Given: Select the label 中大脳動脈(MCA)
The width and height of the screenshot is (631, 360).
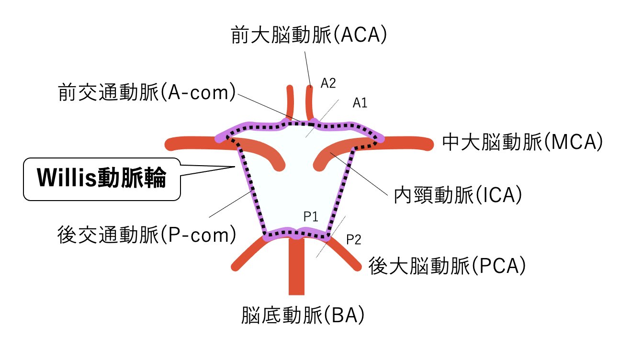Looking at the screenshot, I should pos(521,142).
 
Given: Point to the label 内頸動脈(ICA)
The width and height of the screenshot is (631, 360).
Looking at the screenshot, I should pos(457,195).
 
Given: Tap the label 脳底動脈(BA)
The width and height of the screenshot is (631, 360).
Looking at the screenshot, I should pos(303,315).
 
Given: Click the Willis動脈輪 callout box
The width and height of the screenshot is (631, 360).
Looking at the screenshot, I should pos(102,179).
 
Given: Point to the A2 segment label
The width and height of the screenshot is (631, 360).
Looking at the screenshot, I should pos(328,83).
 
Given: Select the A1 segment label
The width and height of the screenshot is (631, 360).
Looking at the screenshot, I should pos(360,102).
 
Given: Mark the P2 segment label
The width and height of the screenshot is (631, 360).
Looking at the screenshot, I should pos(353,240).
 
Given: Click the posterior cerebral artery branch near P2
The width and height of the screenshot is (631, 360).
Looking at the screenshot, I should pos(347,254).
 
